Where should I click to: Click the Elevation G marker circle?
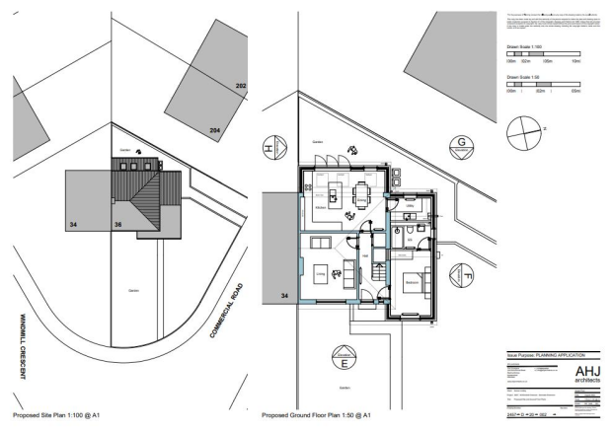click(461, 149)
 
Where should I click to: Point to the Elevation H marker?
click(269, 151)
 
